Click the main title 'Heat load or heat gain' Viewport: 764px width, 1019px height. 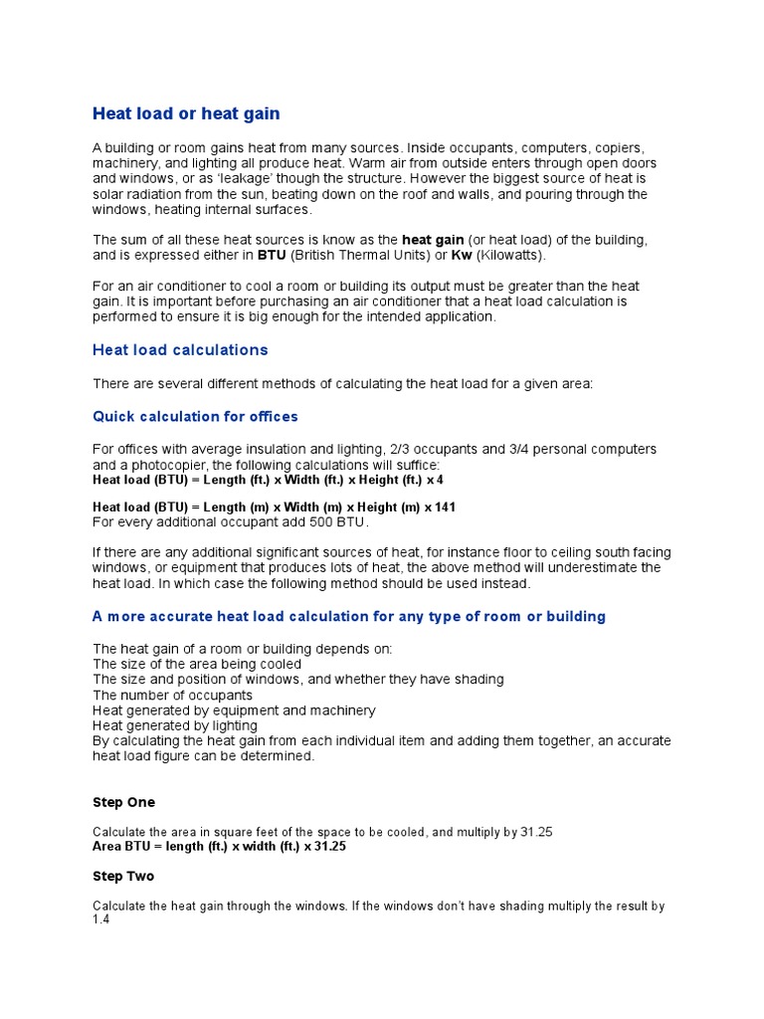click(x=186, y=114)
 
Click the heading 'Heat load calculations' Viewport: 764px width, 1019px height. click(x=180, y=350)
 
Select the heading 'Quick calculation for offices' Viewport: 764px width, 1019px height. click(x=195, y=416)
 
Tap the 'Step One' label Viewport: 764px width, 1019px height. click(x=123, y=802)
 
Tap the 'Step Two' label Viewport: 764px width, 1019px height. click(x=123, y=877)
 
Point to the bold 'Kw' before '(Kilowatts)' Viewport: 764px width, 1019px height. click(x=462, y=255)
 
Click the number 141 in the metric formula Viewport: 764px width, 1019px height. click(x=445, y=508)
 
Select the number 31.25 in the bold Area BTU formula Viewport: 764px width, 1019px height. click(x=328, y=846)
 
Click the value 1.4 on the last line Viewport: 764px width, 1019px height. click(x=101, y=920)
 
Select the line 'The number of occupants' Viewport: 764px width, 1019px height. click(x=172, y=695)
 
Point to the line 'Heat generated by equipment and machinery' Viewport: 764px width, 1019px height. click(x=234, y=711)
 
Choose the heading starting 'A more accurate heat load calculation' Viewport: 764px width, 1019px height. click(x=349, y=617)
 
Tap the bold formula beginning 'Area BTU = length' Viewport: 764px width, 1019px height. click(x=220, y=846)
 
